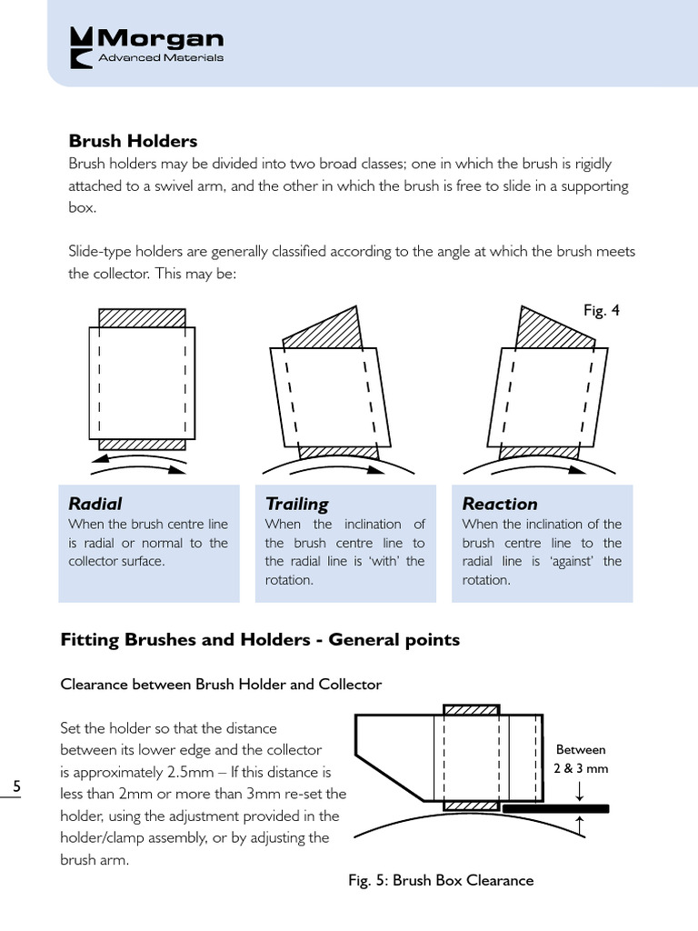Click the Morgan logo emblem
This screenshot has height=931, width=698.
[82, 47]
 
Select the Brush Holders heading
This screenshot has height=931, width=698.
[133, 141]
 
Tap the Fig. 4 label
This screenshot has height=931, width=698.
[601, 310]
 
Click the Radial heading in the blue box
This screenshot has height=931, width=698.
[95, 504]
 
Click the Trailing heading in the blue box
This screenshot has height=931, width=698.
[296, 504]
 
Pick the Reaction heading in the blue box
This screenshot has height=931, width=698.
[499, 504]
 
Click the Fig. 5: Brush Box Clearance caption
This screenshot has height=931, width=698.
[441, 880]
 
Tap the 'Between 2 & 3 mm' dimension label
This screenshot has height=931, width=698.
[580, 758]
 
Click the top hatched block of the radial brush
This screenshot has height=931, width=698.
[142, 317]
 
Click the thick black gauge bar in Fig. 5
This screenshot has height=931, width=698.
[554, 807]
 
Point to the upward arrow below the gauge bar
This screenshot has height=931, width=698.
[580, 824]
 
